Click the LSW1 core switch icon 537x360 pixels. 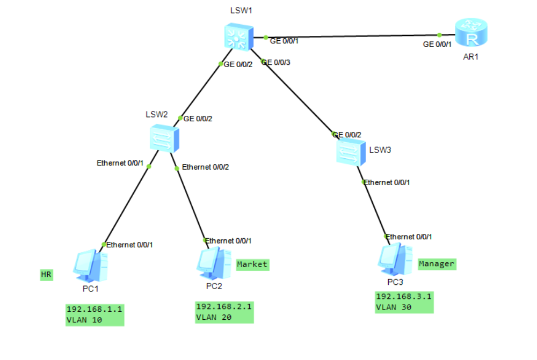(x=239, y=37)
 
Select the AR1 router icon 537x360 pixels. (x=471, y=32)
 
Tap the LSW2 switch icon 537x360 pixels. (x=164, y=139)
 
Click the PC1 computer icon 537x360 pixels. (x=90, y=266)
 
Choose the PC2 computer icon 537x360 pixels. (x=214, y=263)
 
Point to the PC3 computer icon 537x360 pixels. (x=395, y=259)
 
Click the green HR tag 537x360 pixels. (x=47, y=275)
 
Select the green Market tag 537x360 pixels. (x=253, y=265)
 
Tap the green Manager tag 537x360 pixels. (x=437, y=264)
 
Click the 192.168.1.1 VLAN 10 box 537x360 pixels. (x=95, y=315)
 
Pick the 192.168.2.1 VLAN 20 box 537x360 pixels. (x=224, y=312)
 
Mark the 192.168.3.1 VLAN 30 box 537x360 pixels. (x=404, y=302)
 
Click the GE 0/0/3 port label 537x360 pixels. (x=276, y=62)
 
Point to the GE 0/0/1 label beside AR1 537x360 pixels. (x=437, y=44)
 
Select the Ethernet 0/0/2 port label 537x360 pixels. (x=206, y=167)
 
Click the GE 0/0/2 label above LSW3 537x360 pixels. (x=347, y=135)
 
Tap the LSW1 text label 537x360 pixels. (x=241, y=11)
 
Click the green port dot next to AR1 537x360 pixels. (x=439, y=35)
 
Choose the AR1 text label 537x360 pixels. (x=471, y=57)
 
